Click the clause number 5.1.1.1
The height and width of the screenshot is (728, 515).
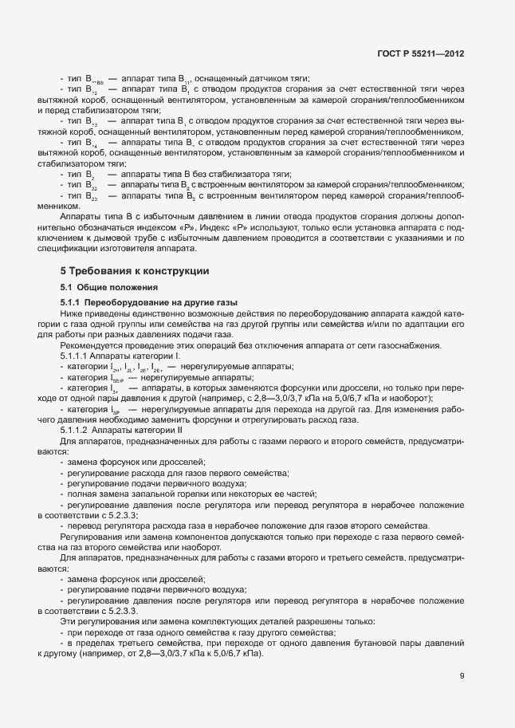click(x=73, y=356)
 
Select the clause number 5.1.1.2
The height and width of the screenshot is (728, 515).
click(x=73, y=430)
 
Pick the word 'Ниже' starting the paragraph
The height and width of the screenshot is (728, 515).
click(x=70, y=314)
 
